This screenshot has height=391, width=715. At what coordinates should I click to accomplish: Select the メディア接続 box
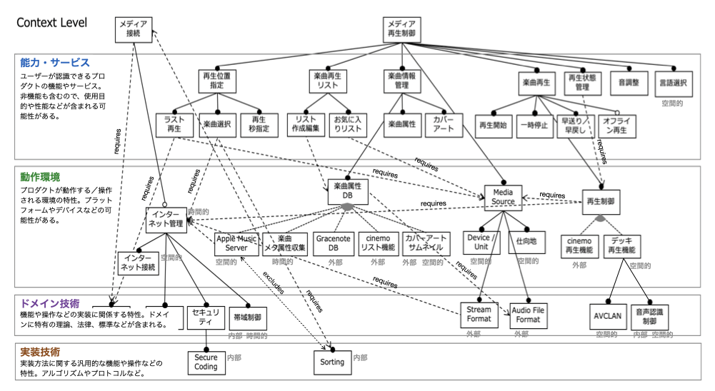click(134, 29)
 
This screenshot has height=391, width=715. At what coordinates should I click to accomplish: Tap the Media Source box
click(503, 197)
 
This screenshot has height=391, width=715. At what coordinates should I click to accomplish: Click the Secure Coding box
click(206, 362)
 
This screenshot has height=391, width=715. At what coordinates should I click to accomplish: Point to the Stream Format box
click(479, 315)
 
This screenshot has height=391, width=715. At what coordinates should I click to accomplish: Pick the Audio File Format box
click(529, 315)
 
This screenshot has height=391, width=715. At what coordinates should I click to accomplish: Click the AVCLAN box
click(609, 315)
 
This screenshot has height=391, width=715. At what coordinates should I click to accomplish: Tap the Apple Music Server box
click(236, 243)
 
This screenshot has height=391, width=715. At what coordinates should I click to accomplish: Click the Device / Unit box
click(481, 243)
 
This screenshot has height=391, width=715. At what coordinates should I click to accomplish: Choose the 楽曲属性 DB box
click(348, 191)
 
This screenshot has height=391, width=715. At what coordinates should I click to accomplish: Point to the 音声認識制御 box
click(650, 315)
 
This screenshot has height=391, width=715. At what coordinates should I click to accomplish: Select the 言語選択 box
click(673, 83)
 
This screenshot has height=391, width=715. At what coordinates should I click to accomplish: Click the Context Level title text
click(51, 23)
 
